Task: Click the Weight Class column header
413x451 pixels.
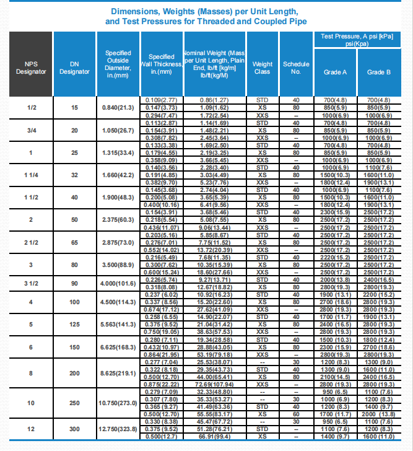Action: click(x=263, y=68)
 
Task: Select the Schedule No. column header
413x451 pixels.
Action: click(x=296, y=68)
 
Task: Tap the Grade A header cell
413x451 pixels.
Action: click(x=335, y=72)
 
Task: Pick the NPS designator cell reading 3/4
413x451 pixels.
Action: click(x=30, y=131)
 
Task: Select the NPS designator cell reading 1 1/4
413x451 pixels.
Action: click(x=30, y=175)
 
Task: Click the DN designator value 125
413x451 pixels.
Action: click(x=74, y=324)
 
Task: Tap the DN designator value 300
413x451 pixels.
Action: click(x=74, y=429)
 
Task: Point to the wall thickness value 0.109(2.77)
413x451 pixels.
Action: click(x=161, y=100)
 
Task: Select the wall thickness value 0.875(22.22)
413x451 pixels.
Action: click(x=161, y=384)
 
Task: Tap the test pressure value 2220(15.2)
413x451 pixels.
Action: click(x=335, y=257)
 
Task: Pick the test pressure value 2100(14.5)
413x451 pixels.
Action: click(x=335, y=376)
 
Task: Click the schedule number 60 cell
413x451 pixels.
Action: click(x=296, y=413)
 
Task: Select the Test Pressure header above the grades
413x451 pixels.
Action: click(x=357, y=40)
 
